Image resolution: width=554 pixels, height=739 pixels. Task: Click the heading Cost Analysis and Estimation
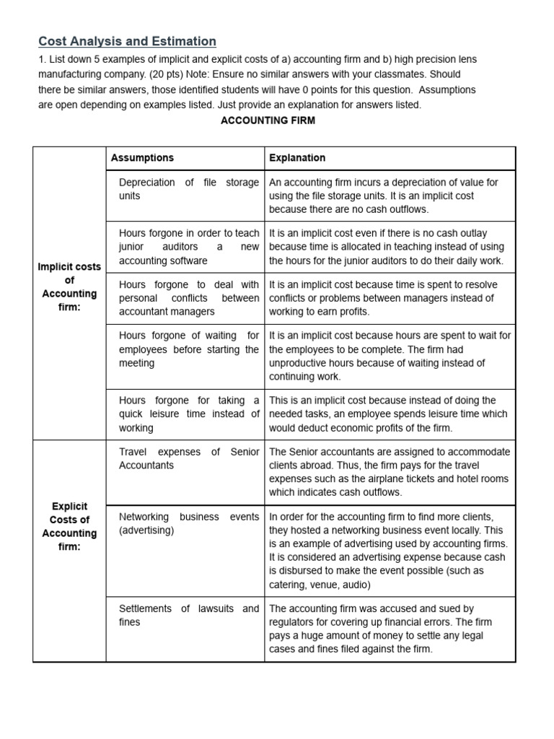point(127,42)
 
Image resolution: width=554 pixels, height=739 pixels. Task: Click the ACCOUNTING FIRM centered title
point(268,121)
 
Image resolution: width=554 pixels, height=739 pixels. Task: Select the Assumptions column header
point(142,158)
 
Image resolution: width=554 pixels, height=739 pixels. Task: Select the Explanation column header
point(297,158)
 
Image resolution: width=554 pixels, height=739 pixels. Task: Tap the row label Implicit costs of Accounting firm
point(69,287)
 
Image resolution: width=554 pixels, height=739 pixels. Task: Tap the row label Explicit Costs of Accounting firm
point(69,526)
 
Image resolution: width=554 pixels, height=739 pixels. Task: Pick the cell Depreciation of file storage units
point(188,189)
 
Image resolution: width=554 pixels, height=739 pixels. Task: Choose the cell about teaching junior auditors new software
point(188,247)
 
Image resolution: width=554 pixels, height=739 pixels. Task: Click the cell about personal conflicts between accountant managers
point(188,298)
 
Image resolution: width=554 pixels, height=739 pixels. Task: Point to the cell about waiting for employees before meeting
point(188,349)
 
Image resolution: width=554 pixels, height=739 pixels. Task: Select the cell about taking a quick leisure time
point(188,414)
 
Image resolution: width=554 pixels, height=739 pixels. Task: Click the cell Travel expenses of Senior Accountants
point(188,458)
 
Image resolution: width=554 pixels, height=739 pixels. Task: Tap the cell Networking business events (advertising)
point(188,523)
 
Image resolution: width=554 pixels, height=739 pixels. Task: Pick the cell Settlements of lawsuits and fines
point(188,615)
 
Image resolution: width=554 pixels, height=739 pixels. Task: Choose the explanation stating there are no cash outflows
point(389,196)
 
